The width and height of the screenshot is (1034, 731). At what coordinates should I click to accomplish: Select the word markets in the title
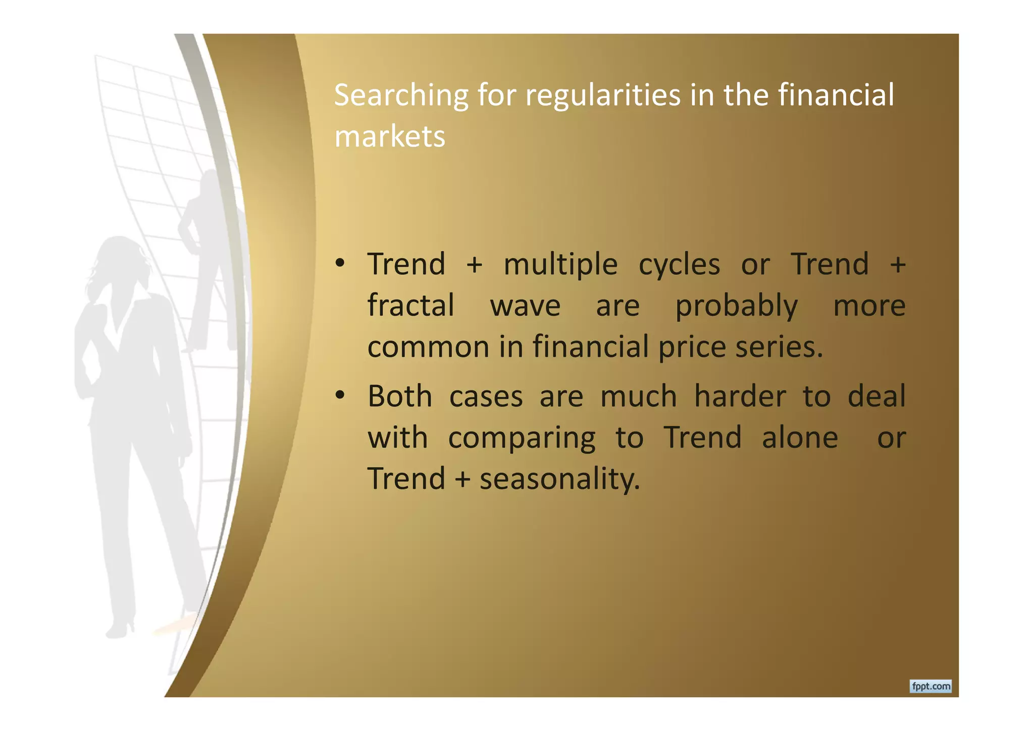(389, 137)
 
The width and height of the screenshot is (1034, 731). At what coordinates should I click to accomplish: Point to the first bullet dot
(340, 263)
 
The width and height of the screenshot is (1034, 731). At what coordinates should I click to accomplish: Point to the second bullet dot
(340, 395)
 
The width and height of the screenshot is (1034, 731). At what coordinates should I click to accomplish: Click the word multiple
(560, 265)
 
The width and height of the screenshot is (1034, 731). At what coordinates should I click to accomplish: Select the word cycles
(679, 265)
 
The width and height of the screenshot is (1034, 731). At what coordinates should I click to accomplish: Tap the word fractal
(410, 305)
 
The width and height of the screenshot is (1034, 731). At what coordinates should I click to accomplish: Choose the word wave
(525, 306)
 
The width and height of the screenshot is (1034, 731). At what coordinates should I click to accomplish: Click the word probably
(736, 306)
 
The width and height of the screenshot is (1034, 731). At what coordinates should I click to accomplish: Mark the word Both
(399, 396)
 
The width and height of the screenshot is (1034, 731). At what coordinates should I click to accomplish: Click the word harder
(740, 396)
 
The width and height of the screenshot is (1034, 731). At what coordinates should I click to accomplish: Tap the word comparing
(522, 438)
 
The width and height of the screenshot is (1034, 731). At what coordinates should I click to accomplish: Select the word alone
(800, 437)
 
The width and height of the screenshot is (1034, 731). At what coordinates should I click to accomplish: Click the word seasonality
(559, 479)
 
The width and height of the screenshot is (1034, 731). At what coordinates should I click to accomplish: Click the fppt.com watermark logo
(930, 686)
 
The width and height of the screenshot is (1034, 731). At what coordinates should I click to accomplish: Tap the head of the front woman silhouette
(121, 257)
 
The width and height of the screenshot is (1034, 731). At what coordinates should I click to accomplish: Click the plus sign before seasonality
(462, 479)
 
